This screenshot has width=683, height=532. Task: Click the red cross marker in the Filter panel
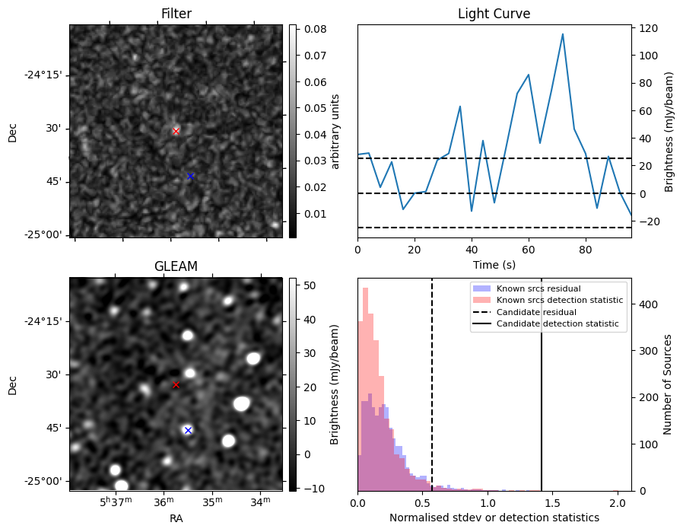(x=176, y=131)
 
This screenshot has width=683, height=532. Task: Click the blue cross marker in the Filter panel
(x=190, y=176)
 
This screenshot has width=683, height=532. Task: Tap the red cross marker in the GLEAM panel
(x=176, y=385)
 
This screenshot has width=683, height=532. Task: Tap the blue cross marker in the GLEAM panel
(x=188, y=430)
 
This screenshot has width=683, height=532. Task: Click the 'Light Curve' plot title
(x=494, y=14)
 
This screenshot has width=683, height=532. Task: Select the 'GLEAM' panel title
(x=176, y=266)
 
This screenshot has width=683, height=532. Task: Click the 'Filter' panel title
(x=176, y=14)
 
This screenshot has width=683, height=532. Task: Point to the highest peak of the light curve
(x=563, y=34)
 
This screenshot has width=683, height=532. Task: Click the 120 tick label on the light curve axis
(x=649, y=28)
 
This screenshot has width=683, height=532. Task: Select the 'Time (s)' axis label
(x=494, y=263)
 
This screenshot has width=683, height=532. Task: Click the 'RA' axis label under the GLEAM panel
(x=176, y=518)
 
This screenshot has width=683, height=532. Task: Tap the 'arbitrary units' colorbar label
(x=335, y=131)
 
